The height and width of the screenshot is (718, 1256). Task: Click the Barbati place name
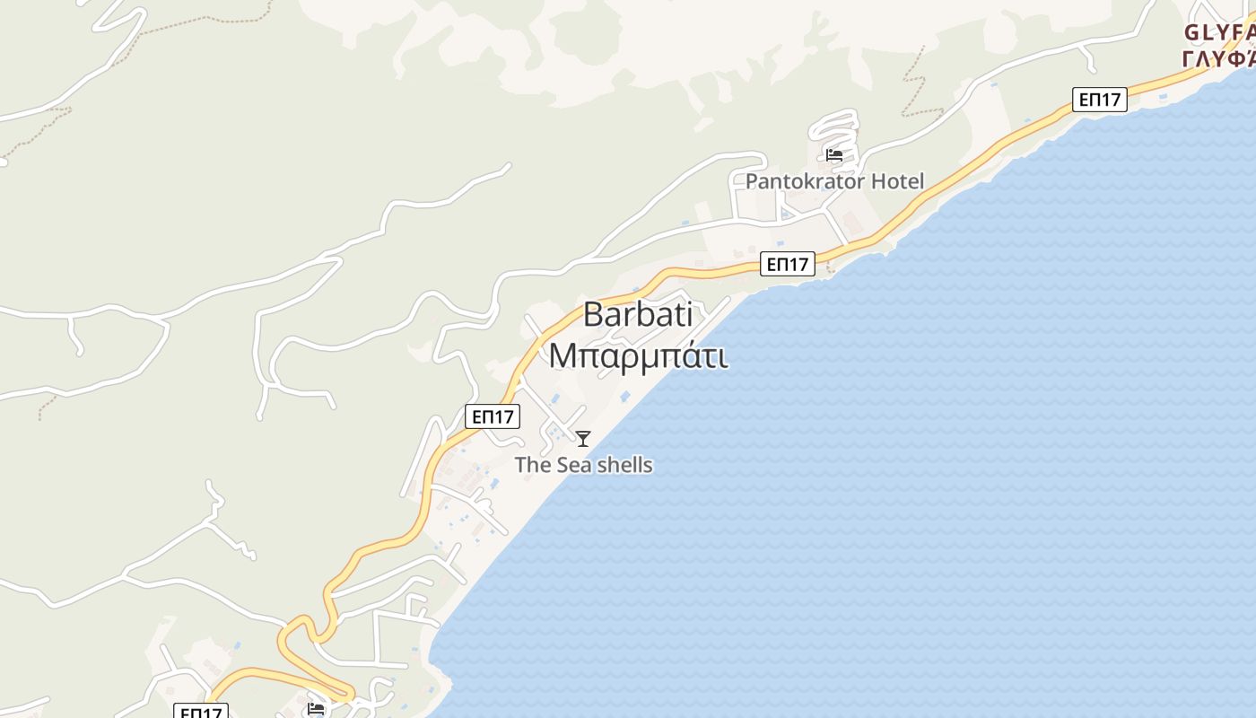click(637, 315)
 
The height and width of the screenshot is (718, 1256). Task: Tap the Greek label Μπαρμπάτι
click(637, 355)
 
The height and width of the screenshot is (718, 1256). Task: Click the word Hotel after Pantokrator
click(890, 181)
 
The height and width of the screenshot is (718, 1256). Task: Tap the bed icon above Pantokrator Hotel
click(834, 155)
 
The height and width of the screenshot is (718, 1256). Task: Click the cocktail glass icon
click(583, 439)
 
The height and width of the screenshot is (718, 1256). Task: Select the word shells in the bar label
click(624, 465)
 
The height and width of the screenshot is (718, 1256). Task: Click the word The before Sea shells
click(533, 465)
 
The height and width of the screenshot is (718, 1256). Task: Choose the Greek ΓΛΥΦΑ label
click(1218, 59)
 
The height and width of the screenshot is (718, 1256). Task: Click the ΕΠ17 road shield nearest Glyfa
click(1100, 100)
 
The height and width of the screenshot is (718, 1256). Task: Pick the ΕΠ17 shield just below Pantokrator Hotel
click(788, 264)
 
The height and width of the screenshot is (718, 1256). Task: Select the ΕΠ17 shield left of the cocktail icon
click(493, 416)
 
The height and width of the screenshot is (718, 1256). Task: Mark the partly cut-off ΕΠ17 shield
click(200, 712)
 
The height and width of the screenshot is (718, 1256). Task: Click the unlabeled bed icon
click(316, 709)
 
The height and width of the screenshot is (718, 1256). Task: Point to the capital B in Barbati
click(593, 315)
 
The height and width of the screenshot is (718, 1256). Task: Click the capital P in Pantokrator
click(752, 181)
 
